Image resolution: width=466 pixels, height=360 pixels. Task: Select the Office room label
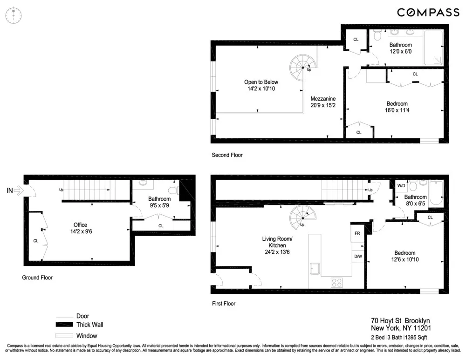[x=80, y=225]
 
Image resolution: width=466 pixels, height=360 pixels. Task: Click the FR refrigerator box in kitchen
[x=357, y=233]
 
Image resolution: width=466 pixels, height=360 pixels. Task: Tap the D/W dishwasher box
[x=357, y=256]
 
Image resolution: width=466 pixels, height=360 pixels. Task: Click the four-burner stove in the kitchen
[x=336, y=282]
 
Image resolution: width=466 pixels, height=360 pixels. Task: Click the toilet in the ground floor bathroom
[x=173, y=190]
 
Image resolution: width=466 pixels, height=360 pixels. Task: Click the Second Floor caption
[x=227, y=155]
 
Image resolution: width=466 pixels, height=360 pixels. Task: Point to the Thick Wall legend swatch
[x=65, y=325]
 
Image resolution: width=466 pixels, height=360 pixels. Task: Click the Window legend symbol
[x=65, y=336]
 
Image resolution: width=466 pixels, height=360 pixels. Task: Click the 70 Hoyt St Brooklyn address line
[x=400, y=320]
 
